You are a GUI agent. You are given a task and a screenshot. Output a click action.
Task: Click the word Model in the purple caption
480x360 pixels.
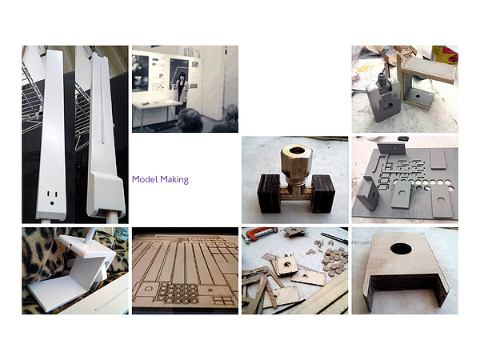145,179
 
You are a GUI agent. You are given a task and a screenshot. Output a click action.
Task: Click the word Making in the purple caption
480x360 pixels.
174,180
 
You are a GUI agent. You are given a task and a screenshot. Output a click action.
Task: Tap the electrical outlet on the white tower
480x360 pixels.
52,198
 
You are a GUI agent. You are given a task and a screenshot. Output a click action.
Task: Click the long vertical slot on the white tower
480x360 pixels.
102,104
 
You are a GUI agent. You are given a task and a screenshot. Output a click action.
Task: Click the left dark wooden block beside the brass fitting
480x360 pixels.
270,194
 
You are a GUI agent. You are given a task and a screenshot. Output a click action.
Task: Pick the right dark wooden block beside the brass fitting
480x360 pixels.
323,194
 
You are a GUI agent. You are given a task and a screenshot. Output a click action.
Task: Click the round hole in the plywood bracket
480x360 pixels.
401,249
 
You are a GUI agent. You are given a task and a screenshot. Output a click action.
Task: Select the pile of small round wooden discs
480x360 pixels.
334,260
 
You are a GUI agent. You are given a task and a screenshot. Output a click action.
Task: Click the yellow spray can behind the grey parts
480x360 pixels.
445,55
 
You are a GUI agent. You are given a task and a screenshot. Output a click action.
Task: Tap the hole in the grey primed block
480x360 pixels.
388,106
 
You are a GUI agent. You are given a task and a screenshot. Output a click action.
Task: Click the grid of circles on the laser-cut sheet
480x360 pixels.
177,293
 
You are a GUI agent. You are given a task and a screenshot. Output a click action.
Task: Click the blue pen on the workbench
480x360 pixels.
334,238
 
